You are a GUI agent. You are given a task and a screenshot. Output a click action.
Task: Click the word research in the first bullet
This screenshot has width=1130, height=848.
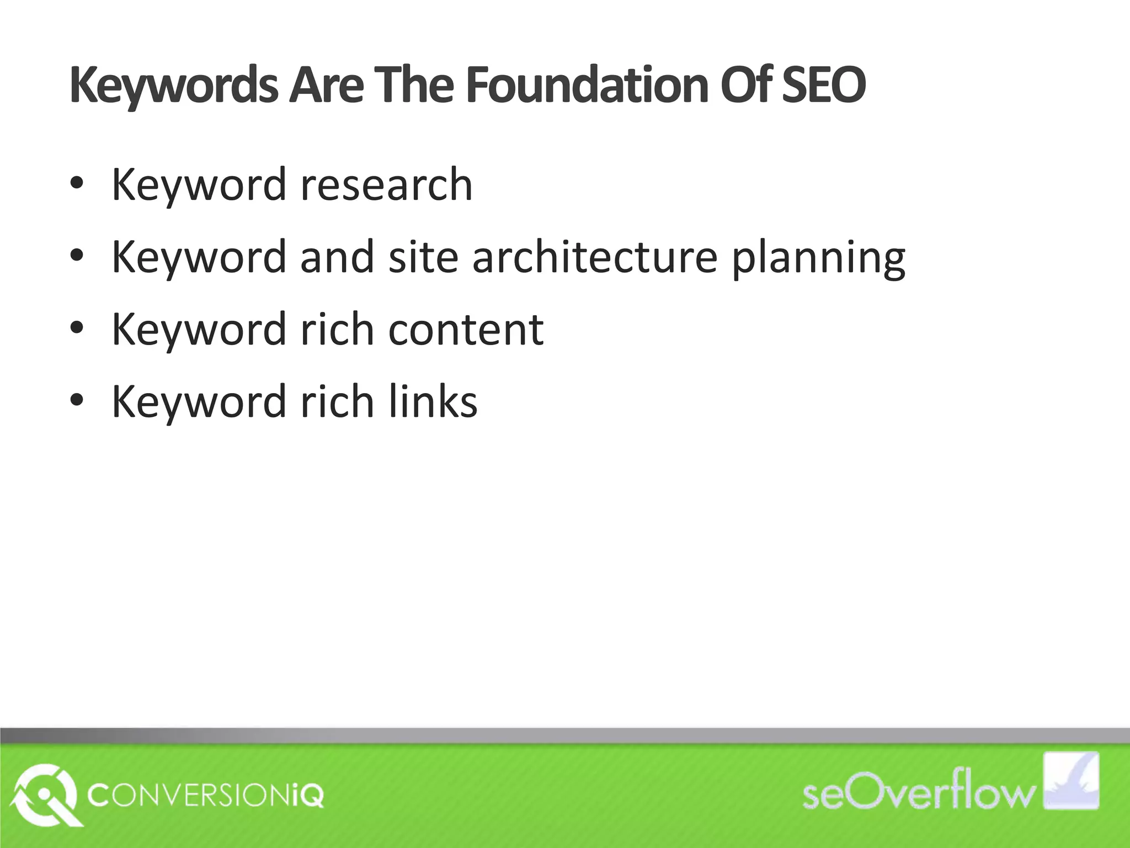pyautogui.click(x=386, y=185)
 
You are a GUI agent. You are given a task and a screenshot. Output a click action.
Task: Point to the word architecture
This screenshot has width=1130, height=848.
pyautogui.click(x=595, y=257)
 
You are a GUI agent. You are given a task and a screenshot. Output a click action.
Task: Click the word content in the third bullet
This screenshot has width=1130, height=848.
pyautogui.click(x=466, y=330)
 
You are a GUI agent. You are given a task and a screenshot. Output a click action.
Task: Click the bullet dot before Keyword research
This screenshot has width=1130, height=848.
pyautogui.click(x=77, y=185)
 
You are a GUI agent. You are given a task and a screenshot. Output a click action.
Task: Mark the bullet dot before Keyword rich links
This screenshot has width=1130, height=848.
pyautogui.click(x=77, y=401)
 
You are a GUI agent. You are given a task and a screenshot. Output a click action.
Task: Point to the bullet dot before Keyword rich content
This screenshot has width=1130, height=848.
pyautogui.click(x=77, y=330)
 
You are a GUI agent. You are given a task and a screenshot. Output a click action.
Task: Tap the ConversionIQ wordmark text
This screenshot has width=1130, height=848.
pyautogui.click(x=206, y=797)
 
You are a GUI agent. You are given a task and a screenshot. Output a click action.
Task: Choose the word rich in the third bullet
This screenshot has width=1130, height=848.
pyautogui.click(x=337, y=330)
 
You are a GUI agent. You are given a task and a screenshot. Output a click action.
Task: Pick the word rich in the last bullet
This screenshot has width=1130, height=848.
pyautogui.click(x=337, y=401)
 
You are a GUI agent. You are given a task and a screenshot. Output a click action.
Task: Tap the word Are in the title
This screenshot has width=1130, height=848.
pyautogui.click(x=326, y=86)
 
